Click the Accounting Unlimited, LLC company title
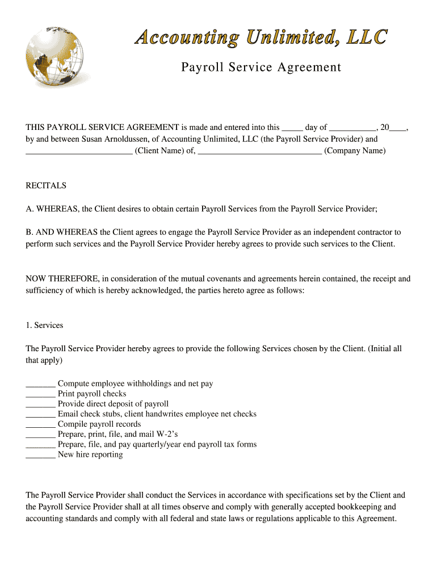(x=261, y=37)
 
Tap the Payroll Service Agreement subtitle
(x=261, y=68)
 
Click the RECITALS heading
(x=46, y=186)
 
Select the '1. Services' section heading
(x=45, y=325)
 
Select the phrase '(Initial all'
(x=385, y=349)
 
